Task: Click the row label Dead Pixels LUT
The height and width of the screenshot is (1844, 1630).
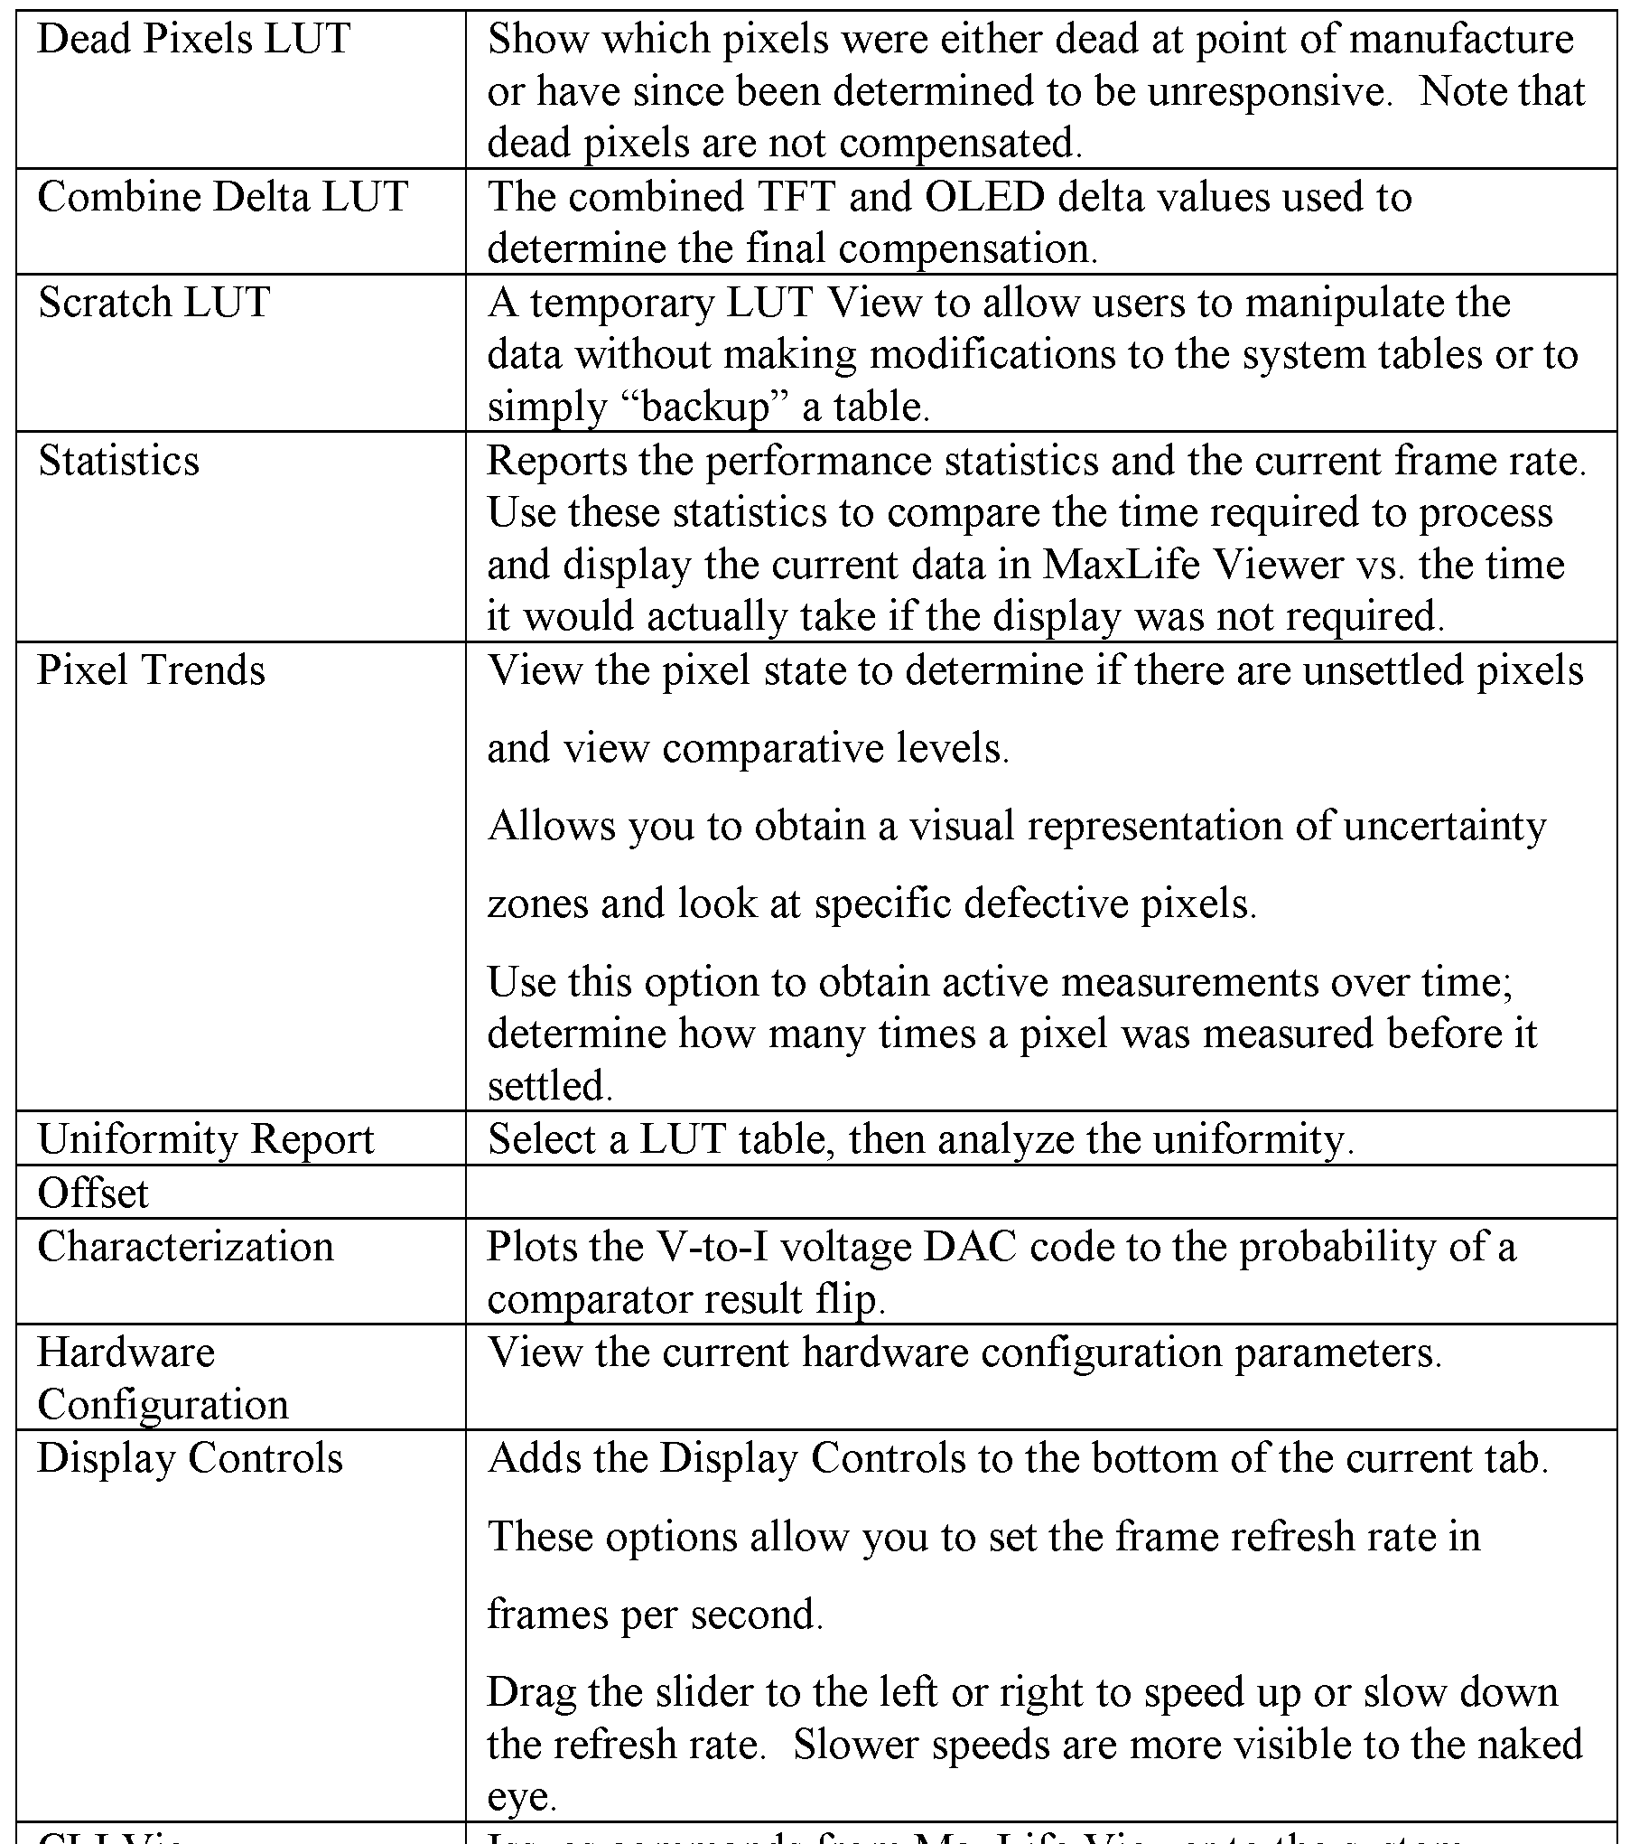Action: pyautogui.click(x=194, y=40)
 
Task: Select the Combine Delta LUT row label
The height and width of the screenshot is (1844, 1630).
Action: pyautogui.click(x=223, y=197)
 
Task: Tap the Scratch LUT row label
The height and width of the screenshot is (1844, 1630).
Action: pyautogui.click(x=154, y=303)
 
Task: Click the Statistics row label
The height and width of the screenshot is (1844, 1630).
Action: pyautogui.click(x=118, y=461)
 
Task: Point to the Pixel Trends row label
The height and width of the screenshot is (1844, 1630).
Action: pyautogui.click(x=152, y=670)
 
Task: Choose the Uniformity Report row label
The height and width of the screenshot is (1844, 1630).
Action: pyautogui.click(x=206, y=1139)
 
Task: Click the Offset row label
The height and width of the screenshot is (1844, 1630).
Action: pyautogui.click(x=93, y=1193)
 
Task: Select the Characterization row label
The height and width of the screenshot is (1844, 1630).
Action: pyautogui.click(x=186, y=1247)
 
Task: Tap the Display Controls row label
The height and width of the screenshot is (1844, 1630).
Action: pyautogui.click(x=191, y=1458)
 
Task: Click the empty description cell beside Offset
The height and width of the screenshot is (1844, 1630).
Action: pyautogui.click(x=1039, y=1193)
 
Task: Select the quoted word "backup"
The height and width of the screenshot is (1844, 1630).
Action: pyautogui.click(x=706, y=407)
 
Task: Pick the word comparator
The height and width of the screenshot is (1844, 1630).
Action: pyautogui.click(x=573, y=1300)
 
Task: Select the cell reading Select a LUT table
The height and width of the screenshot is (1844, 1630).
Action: pyautogui.click(x=921, y=1139)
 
